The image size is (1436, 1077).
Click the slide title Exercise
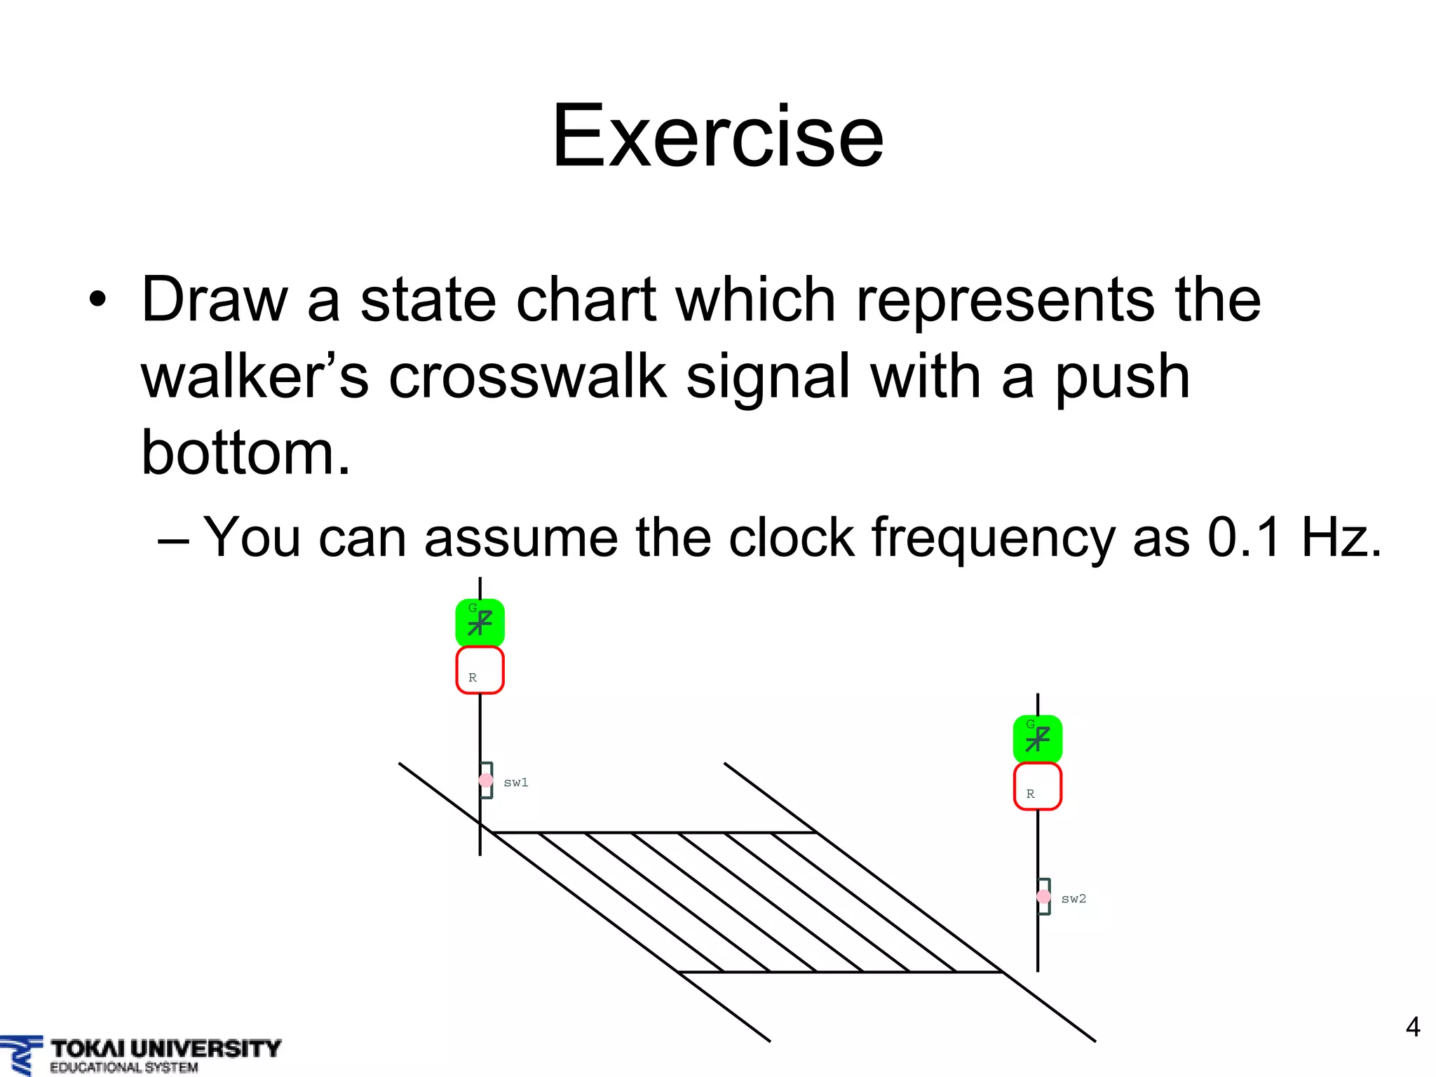[717, 136]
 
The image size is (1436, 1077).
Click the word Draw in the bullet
[214, 300]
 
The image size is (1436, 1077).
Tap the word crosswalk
[527, 377]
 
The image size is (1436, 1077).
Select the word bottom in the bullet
[245, 452]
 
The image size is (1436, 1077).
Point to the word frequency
[992, 538]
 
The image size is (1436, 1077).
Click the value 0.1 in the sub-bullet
[1244, 537]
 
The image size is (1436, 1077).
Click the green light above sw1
[480, 622]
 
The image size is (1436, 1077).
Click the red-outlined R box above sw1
[480, 670]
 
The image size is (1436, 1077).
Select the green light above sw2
[1037, 738]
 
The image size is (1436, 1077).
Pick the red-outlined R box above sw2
[1037, 786]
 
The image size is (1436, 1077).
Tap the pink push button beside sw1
[485, 780]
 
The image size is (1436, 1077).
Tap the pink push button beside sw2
[1043, 896]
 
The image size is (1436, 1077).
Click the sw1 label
[516, 783]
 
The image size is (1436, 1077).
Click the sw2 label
[1073, 899]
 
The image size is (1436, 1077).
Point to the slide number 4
[1413, 1027]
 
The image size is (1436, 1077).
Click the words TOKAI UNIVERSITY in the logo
[165, 1049]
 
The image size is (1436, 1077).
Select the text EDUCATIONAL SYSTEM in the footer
[123, 1068]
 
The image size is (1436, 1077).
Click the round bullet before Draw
[98, 300]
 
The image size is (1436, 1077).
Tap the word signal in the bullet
[768, 377]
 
